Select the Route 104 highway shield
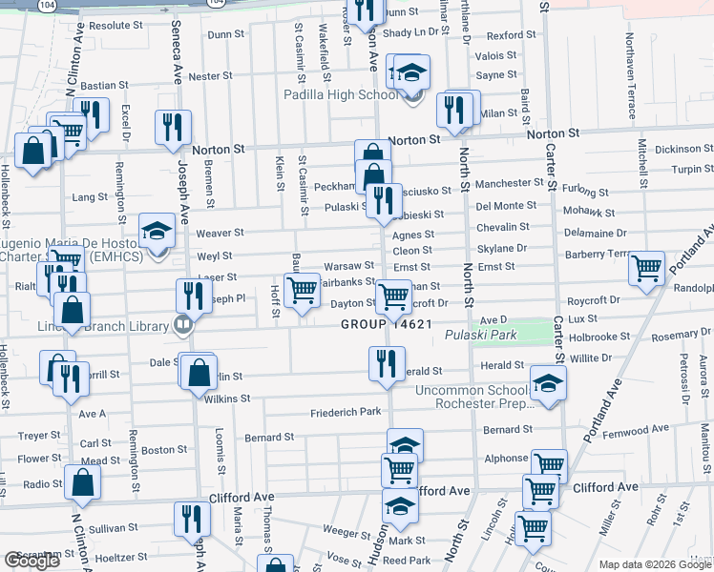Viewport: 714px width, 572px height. (x=47, y=5)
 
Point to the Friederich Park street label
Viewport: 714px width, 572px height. (x=346, y=412)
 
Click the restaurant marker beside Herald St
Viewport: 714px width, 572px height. (x=385, y=362)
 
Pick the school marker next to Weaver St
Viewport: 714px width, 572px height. (x=157, y=231)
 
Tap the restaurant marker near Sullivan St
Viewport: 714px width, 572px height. (x=192, y=519)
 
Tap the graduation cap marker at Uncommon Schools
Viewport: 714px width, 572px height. (x=547, y=383)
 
